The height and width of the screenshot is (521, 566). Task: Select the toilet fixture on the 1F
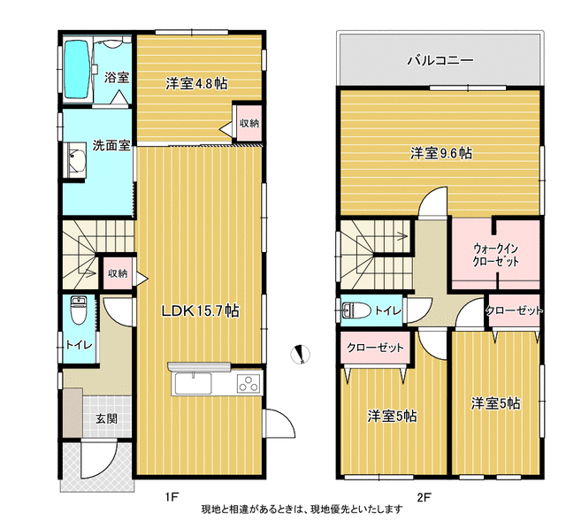pos(78,310)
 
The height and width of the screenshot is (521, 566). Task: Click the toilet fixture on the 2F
pos(356,310)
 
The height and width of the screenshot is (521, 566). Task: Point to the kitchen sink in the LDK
pos(194,384)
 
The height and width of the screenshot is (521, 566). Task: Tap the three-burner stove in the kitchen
pos(249,383)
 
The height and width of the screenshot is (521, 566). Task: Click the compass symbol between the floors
pos(301,354)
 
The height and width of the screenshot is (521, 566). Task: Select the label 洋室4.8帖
pos(196,84)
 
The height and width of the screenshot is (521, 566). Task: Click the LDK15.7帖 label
pos(200,310)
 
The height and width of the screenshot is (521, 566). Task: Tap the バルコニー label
pos(440,60)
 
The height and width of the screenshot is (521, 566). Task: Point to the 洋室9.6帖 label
pos(441,153)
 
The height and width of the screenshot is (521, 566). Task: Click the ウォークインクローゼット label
pos(496,255)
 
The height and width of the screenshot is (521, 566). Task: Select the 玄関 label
pos(107,418)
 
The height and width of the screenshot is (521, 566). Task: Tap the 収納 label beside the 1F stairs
pos(118,273)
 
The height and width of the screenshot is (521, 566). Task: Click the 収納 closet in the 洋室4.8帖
pos(249,123)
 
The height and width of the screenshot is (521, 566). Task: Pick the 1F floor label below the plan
pos(172,497)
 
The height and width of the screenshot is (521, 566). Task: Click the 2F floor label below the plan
pos(424,497)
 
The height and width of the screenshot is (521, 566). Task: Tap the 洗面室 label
pos(111,145)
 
